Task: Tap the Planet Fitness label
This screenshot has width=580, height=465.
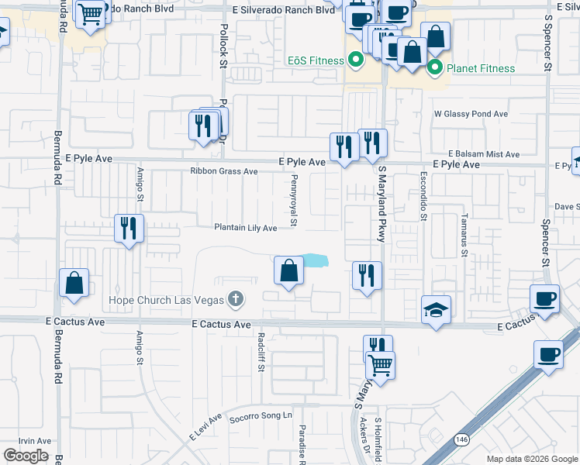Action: (x=480, y=68)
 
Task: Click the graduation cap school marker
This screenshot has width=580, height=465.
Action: (x=436, y=310)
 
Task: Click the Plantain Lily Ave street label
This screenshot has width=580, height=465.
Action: (x=246, y=228)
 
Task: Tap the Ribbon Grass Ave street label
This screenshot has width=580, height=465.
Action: (x=224, y=171)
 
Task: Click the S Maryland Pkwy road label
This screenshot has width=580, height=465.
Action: (x=381, y=205)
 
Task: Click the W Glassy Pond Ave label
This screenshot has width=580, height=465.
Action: (x=471, y=114)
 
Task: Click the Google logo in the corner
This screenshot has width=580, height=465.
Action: (x=26, y=456)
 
